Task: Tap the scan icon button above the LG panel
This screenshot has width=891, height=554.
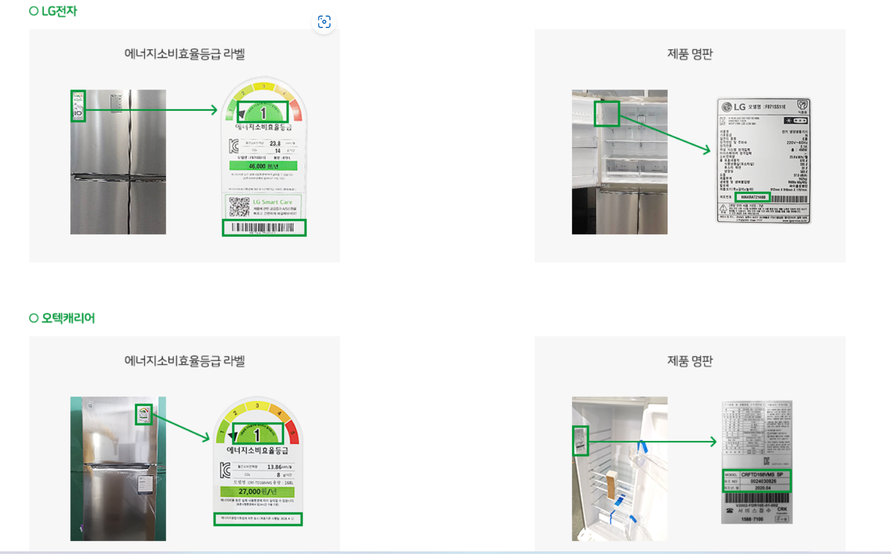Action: [x=324, y=22]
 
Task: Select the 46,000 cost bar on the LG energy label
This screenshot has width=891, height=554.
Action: [x=263, y=166]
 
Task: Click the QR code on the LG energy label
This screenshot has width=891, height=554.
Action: [x=239, y=206]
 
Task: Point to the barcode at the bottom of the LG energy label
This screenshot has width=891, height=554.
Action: [x=264, y=228]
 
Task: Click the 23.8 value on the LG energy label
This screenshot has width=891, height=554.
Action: [x=275, y=144]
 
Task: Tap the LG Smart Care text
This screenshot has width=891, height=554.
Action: [x=272, y=202]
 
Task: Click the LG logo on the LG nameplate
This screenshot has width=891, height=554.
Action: [x=734, y=107]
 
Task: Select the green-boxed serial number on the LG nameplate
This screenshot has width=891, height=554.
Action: [x=753, y=197]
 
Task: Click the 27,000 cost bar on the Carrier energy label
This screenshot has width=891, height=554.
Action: [x=257, y=491]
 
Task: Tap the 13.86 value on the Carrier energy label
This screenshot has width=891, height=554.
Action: [x=274, y=467]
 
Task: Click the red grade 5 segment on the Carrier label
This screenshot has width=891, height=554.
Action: [x=293, y=433]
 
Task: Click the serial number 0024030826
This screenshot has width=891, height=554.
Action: [x=763, y=481]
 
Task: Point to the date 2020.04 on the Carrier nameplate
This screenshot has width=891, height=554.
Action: [x=763, y=488]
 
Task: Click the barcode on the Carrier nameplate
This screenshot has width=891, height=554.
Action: [x=756, y=497]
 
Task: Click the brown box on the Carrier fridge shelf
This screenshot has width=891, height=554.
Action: [x=612, y=485]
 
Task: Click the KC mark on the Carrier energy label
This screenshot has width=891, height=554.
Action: [x=225, y=471]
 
